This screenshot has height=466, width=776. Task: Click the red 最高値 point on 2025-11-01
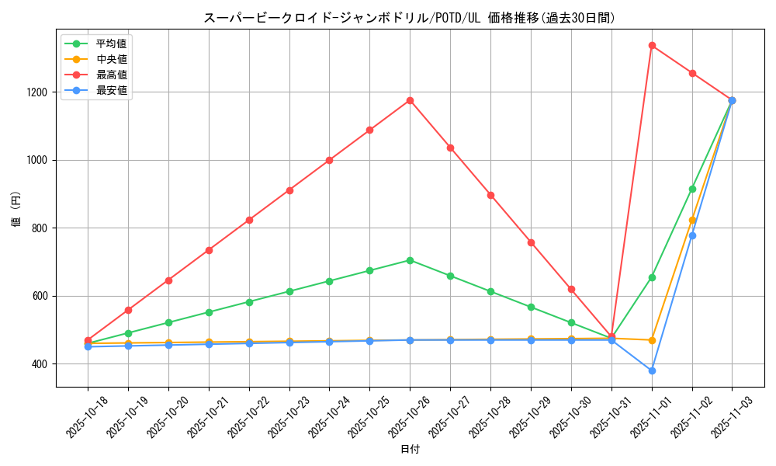click(652, 45)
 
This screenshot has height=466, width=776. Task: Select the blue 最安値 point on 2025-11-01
click(652, 370)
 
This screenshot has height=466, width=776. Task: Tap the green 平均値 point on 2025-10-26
click(410, 260)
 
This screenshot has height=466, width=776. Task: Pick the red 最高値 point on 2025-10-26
click(410, 100)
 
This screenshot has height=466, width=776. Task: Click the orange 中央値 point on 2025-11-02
click(692, 220)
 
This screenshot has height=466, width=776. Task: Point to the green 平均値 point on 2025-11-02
click(692, 189)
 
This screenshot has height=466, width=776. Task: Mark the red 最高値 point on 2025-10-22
click(249, 220)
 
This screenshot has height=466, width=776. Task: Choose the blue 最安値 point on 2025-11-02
click(692, 235)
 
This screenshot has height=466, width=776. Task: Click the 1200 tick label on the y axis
click(37, 92)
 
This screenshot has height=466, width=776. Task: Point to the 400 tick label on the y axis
click(40, 364)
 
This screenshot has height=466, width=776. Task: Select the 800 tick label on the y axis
click(40, 228)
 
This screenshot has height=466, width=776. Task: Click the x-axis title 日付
click(410, 450)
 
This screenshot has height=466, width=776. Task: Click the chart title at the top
click(410, 18)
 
